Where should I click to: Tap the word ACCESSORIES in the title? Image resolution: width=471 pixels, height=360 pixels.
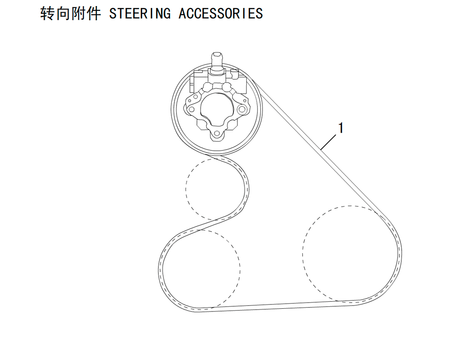220,14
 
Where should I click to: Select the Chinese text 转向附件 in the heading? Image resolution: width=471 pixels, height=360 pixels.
71,14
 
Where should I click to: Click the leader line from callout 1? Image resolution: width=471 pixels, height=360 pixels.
329,140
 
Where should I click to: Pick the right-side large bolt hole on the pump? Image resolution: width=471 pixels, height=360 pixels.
242,109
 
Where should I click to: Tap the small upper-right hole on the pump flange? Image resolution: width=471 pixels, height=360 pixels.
228,88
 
